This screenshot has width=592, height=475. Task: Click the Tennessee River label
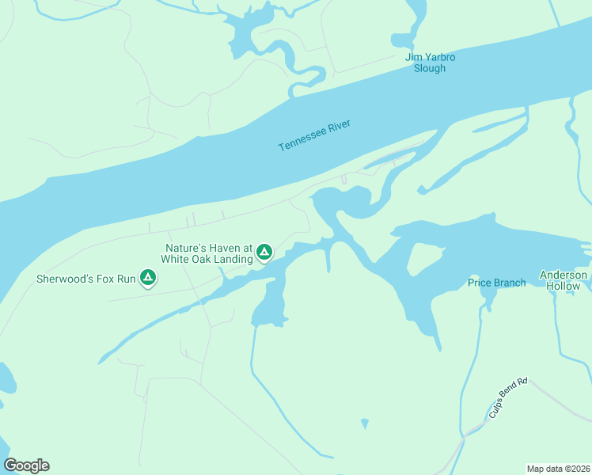click(314, 135)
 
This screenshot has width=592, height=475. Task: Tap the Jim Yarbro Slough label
click(430, 63)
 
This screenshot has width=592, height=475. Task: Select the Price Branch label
click(496, 283)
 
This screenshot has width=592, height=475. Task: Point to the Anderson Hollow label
click(564, 280)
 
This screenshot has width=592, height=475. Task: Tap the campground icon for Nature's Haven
click(264, 253)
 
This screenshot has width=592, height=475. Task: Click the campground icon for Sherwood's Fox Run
click(147, 277)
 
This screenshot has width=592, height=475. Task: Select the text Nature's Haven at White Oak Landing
click(208, 253)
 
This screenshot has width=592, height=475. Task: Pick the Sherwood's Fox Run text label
click(86, 279)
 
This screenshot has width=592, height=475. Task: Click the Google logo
click(26, 465)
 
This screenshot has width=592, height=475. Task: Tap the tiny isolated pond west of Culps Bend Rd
click(364, 424)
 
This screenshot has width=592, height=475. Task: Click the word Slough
click(430, 68)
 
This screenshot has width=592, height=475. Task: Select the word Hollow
click(564, 286)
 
